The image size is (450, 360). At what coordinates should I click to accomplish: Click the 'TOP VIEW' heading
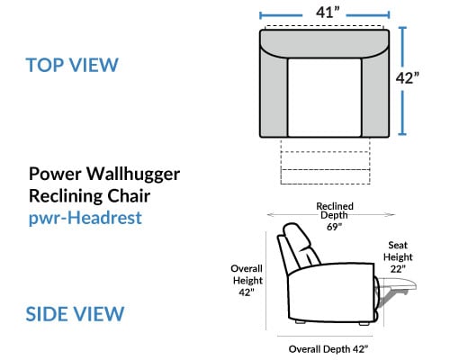[72, 65]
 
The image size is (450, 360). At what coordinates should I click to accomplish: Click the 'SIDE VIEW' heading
[75, 314]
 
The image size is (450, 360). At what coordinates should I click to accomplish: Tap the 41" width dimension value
[328, 13]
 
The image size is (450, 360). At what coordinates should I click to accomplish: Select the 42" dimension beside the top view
[407, 78]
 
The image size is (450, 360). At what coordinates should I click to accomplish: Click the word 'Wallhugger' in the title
[133, 175]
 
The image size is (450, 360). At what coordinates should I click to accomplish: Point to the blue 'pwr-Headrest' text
[85, 218]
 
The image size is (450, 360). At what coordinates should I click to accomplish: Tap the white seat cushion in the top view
[324, 97]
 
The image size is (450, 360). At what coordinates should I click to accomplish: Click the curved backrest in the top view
[325, 42]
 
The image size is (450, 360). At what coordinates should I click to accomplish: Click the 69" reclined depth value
[334, 227]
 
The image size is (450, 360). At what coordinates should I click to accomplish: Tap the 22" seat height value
[398, 269]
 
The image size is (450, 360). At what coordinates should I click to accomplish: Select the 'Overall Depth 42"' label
[328, 349]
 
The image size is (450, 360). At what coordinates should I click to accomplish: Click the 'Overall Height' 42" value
[247, 292]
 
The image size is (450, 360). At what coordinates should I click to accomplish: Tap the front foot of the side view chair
[364, 323]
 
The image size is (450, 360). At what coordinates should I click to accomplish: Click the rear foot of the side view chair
[300, 321]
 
